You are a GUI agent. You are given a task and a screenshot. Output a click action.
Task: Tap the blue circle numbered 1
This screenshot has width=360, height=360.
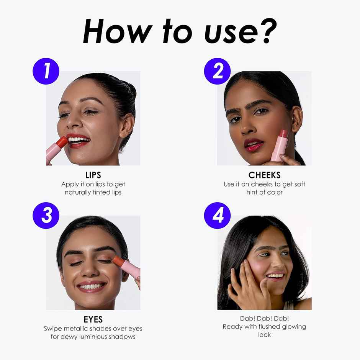click(x=46, y=71)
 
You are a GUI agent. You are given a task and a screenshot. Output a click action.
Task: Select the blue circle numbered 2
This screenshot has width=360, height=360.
click(x=218, y=71)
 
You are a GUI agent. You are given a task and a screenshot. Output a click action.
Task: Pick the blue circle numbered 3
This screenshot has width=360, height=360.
click(x=46, y=215)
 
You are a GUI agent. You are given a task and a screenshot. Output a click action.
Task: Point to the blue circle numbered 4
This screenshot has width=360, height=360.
click(x=218, y=215)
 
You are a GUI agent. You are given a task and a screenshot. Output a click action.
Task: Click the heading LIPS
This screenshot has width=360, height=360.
click(x=93, y=175)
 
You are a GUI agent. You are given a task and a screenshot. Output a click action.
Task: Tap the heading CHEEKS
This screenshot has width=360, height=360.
click(x=265, y=175)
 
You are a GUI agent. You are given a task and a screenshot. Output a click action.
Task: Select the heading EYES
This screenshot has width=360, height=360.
click(x=93, y=319)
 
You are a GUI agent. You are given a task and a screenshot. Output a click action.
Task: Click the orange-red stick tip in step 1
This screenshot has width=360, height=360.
click(x=62, y=142)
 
